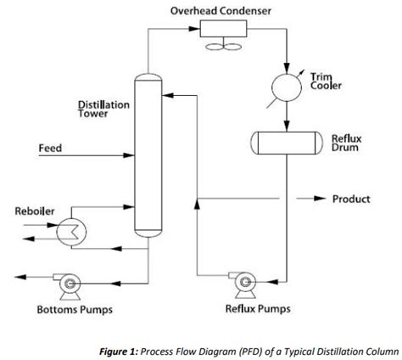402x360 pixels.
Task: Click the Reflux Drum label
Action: click(345, 142)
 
